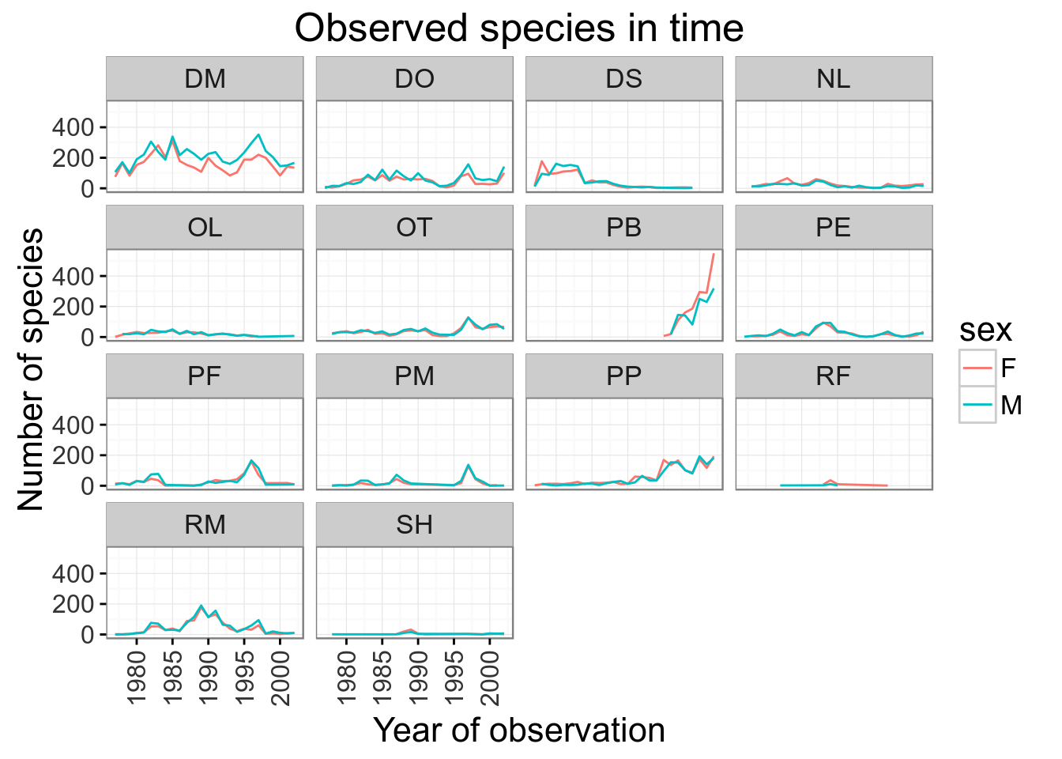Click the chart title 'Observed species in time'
click(x=519, y=28)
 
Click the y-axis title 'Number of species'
click(x=31, y=370)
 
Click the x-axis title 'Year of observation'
click(x=519, y=731)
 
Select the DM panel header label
click(x=205, y=79)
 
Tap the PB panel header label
click(x=623, y=228)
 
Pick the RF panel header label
click(x=834, y=376)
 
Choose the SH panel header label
click(x=414, y=525)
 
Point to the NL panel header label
click(x=834, y=79)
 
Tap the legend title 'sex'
click(x=985, y=330)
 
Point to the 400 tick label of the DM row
click(x=73, y=127)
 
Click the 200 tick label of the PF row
click(x=73, y=455)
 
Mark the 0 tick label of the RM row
click(x=87, y=634)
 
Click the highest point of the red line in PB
click(x=714, y=254)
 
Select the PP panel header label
click(x=623, y=376)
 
